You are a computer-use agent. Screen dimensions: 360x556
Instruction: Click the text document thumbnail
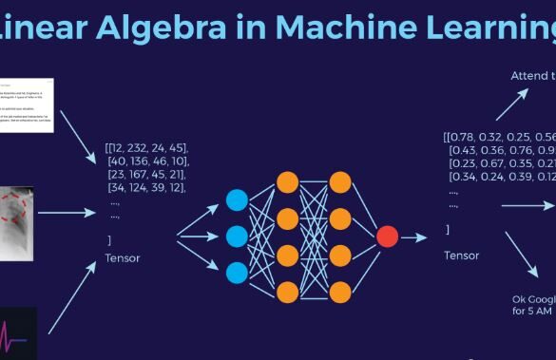(26, 110)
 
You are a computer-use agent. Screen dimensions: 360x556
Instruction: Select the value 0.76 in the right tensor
(521, 150)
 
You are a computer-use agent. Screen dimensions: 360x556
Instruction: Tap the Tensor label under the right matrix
(462, 255)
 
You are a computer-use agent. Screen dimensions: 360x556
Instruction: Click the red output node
(387, 236)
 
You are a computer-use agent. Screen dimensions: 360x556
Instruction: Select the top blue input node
(237, 199)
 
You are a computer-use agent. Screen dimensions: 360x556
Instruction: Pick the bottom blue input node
(237, 272)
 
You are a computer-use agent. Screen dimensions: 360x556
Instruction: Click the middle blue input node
(237, 236)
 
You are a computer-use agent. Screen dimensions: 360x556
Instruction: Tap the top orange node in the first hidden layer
(286, 181)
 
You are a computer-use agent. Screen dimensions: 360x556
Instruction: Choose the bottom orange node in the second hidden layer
(339, 289)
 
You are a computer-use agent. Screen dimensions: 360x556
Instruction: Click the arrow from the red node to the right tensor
(414, 237)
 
